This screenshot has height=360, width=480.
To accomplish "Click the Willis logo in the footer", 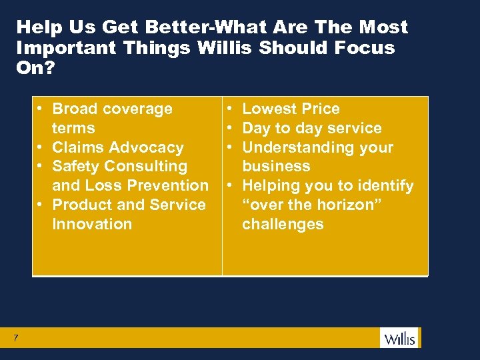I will pos(399,338).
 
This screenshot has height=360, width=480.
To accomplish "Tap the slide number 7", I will pos(15,339).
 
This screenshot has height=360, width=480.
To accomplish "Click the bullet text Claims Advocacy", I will pos(117,147).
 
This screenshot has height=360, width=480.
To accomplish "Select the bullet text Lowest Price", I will pos(291,109).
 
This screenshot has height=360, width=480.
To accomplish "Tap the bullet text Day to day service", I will pos(311,128).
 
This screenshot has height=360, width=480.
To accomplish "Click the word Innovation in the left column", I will pos(92,224).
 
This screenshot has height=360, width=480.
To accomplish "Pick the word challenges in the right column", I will pos(283,224).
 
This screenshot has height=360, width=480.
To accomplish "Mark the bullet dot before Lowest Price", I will pos(229,109).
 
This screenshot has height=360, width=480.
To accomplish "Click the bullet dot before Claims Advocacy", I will pos(40,147).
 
